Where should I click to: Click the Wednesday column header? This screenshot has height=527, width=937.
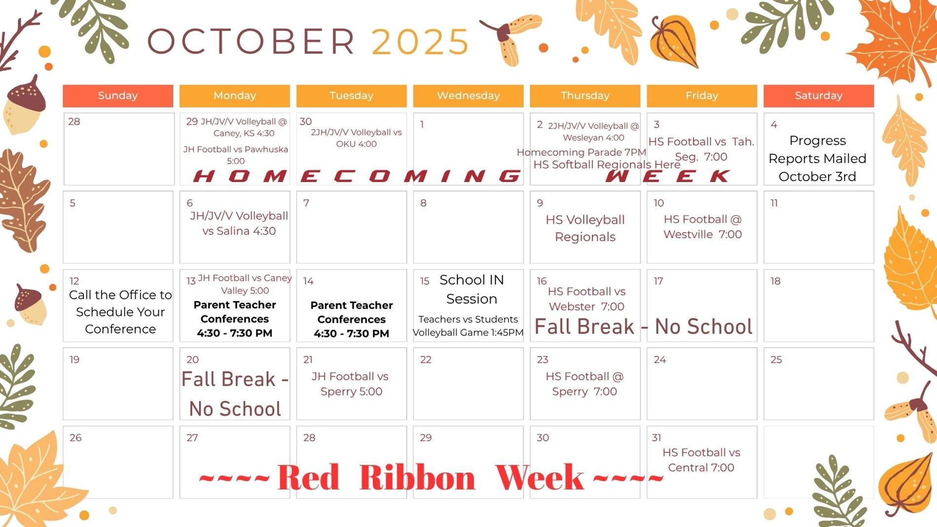468,96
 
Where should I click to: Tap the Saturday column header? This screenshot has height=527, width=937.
819,96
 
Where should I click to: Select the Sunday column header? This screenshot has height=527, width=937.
118,96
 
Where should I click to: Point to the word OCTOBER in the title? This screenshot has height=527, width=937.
251,41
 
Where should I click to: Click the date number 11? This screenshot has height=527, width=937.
774,203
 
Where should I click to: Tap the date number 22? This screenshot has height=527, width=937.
426,360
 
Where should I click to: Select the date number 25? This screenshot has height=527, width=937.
776,360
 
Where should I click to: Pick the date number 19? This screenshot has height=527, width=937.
74,360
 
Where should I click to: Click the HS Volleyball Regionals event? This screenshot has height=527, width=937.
585,228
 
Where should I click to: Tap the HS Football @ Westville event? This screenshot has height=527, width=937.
702,226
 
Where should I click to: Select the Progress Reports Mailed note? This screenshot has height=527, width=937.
817,158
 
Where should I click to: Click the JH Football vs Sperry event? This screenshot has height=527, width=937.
351,384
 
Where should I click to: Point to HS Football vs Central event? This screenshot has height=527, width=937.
701,460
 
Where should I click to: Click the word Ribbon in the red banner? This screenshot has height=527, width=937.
417,477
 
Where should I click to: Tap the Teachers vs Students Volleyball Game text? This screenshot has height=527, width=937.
468,326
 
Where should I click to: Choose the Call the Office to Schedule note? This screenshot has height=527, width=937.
120,312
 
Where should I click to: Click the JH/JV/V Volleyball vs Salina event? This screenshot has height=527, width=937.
239,223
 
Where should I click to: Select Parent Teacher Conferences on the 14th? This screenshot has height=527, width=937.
352,319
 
